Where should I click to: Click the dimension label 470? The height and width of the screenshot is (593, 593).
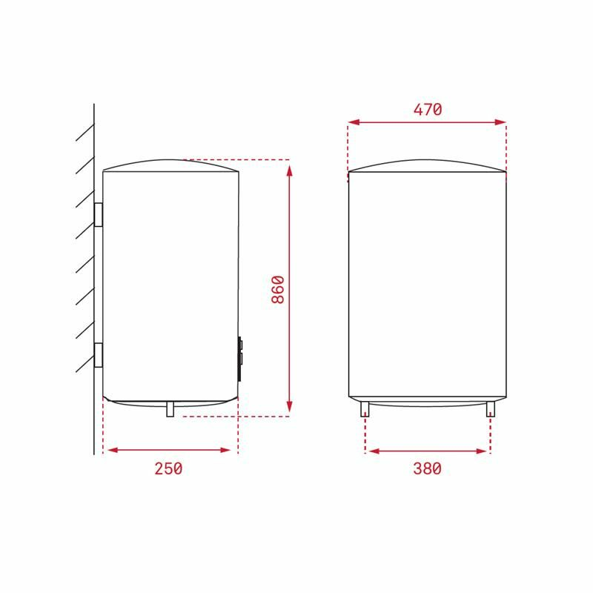click(x=428, y=110)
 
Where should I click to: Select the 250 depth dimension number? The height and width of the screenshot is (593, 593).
click(x=168, y=468)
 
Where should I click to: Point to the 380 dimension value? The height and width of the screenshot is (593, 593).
click(x=427, y=468)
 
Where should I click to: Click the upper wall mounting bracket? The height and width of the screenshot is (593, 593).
click(x=99, y=214)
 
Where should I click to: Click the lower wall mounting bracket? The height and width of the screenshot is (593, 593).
click(x=99, y=355)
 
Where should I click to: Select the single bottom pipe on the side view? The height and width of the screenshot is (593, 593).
click(x=170, y=409)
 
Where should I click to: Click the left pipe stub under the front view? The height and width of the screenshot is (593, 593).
click(x=365, y=409)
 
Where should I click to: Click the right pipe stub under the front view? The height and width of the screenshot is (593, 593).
click(x=490, y=409)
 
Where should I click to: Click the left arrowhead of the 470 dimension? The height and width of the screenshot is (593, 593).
click(x=354, y=122)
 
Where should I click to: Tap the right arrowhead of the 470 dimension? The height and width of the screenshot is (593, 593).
click(x=501, y=122)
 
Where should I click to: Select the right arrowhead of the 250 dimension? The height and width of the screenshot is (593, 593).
click(x=231, y=449)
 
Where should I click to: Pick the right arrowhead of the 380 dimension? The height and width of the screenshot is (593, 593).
click(x=483, y=450)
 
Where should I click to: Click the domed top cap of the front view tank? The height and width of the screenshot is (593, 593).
click(x=428, y=165)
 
